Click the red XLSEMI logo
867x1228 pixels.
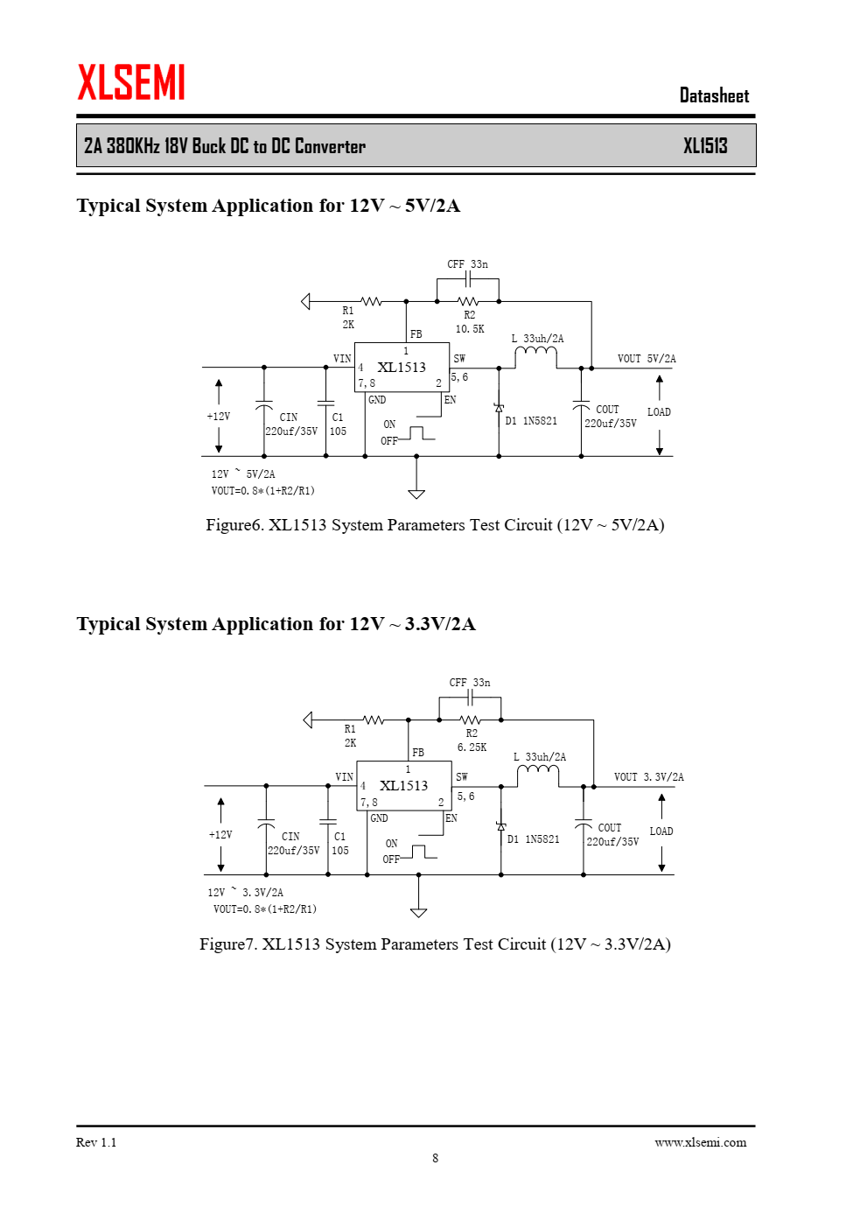click(x=131, y=81)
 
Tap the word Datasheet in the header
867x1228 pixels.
click(x=714, y=95)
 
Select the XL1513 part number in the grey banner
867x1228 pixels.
click(x=705, y=146)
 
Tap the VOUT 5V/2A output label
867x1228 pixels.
click(x=647, y=359)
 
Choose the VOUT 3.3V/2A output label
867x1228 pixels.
click(x=649, y=777)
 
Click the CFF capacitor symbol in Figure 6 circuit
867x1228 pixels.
click(x=467, y=279)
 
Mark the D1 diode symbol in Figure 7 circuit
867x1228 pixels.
click(x=501, y=826)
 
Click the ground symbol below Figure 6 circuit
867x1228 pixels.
click(x=416, y=494)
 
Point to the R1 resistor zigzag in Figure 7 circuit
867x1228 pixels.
click(x=374, y=719)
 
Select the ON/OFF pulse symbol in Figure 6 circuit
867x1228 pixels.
click(x=416, y=433)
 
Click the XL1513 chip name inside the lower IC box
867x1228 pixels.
click(x=404, y=786)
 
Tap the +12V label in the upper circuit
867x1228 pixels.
click(x=219, y=416)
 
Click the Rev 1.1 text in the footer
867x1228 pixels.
click(x=96, y=1142)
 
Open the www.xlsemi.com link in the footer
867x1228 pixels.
click(x=701, y=1142)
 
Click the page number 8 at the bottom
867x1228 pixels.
click(x=435, y=1158)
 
